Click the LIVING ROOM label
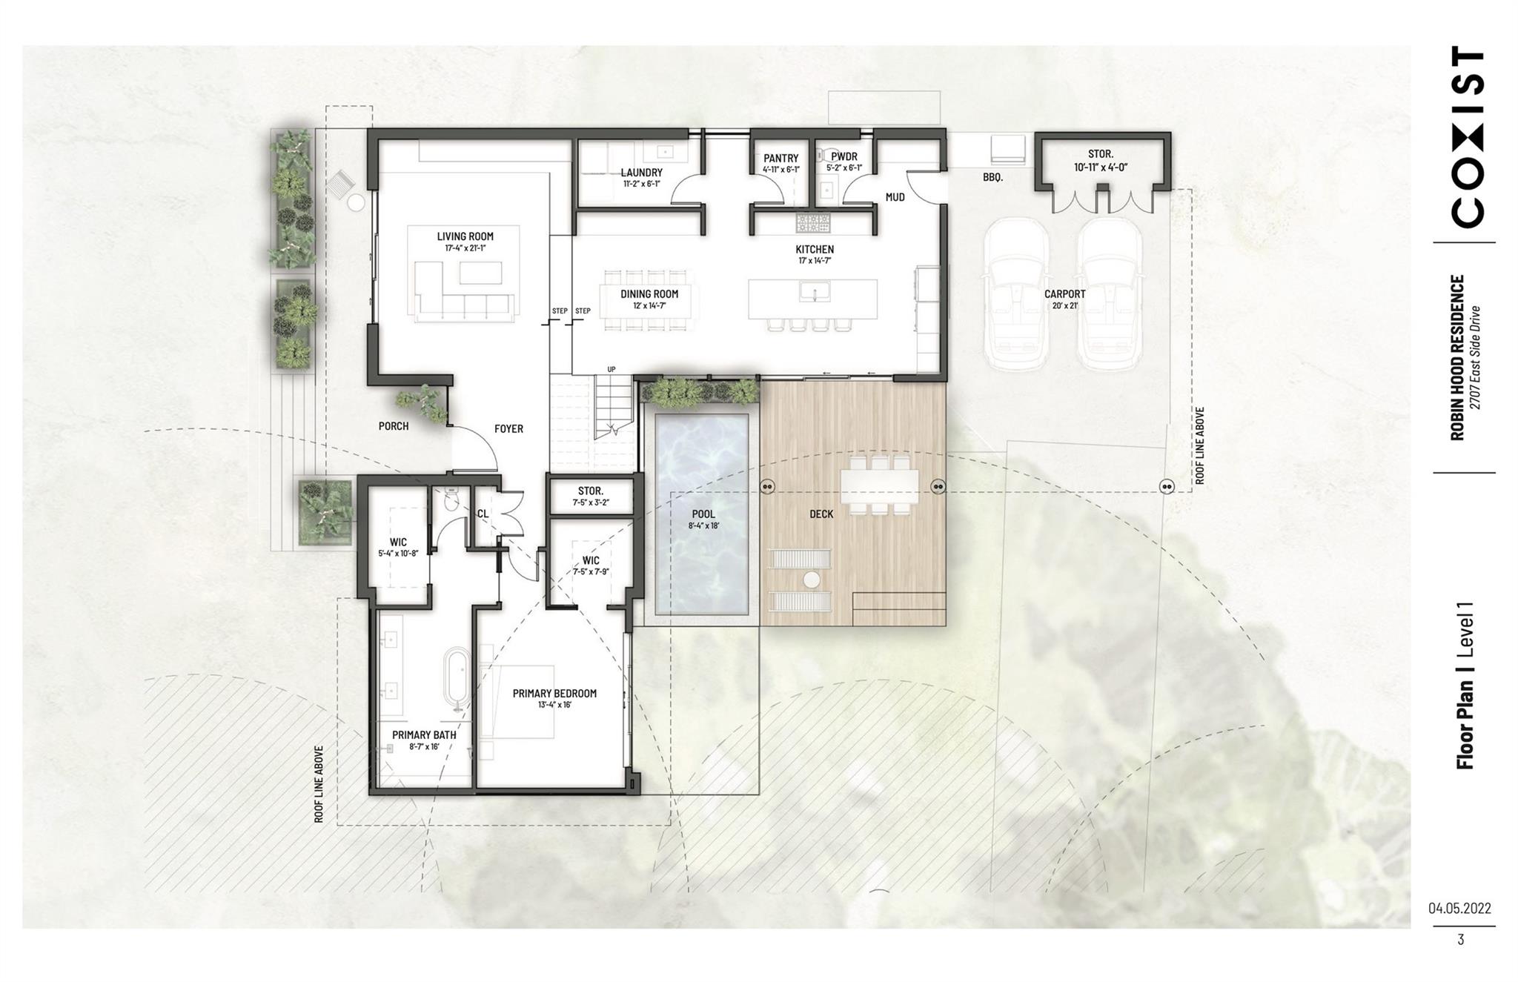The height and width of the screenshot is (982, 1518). [x=465, y=236]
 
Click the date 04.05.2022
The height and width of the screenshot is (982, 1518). [x=1459, y=908]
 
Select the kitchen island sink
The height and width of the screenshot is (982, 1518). [x=814, y=292]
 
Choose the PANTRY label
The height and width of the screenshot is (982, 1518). [x=781, y=158]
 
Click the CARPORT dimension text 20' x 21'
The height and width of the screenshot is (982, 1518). [x=1064, y=305]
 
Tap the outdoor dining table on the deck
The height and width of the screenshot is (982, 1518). [x=880, y=485]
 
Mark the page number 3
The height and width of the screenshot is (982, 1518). [x=1460, y=940]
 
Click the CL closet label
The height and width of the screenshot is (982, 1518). [x=483, y=513]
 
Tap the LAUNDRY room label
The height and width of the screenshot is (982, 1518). [x=641, y=173]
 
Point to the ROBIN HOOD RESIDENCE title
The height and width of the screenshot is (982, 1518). [x=1458, y=357]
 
